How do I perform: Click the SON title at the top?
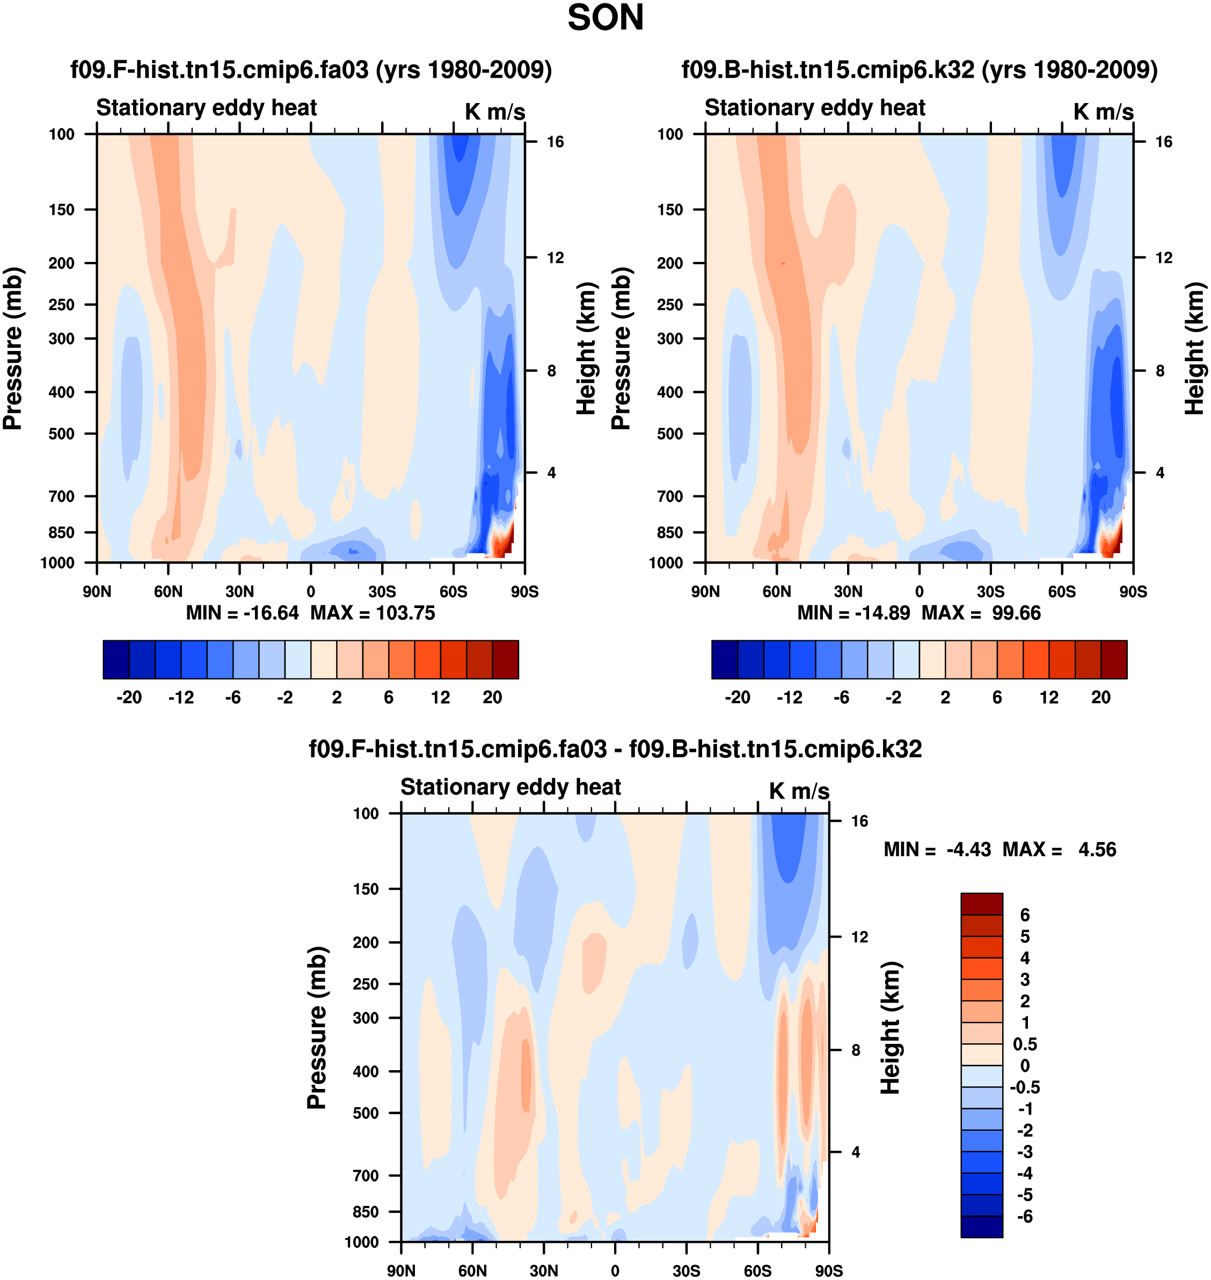pyautogui.click(x=605, y=18)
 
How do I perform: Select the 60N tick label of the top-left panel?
pyautogui.click(x=168, y=591)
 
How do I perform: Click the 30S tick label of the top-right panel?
pyautogui.click(x=990, y=591)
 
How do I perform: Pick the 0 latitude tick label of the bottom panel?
pyautogui.click(x=615, y=1270)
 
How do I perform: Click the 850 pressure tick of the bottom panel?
pyautogui.click(x=366, y=1212)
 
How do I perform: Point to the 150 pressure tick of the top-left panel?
pyautogui.click(x=61, y=210)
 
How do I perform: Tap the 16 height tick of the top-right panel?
pyautogui.click(x=1163, y=142)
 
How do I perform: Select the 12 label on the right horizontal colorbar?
pyautogui.click(x=1049, y=697)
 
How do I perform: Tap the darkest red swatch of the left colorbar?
pyautogui.click(x=506, y=660)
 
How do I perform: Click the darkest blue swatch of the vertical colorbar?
pyautogui.click(x=981, y=1226)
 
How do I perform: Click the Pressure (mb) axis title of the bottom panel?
pyautogui.click(x=317, y=1028)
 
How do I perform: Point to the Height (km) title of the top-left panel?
pyautogui.click(x=586, y=348)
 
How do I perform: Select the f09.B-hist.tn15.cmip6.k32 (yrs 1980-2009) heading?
pyautogui.click(x=919, y=70)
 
